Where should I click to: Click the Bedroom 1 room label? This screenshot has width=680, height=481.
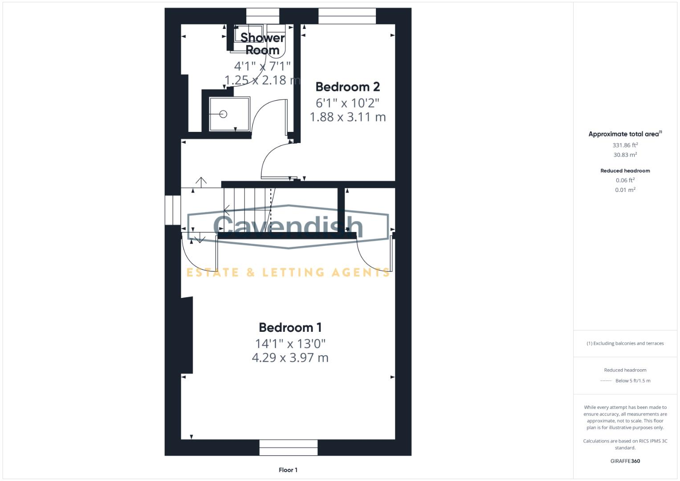[290, 328]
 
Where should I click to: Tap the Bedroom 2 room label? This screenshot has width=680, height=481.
[347, 87]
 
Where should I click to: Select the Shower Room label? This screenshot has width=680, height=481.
[262, 44]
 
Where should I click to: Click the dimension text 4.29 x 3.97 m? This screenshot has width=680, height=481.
[290, 358]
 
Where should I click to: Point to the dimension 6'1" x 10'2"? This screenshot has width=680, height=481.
[347, 103]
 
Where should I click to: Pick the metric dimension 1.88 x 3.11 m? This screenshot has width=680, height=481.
[347, 117]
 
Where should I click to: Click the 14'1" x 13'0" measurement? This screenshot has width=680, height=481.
[290, 344]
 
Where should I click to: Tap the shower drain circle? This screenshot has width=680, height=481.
[224, 114]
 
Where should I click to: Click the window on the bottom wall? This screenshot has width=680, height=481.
[289, 448]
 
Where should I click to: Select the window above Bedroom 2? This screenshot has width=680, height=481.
[347, 16]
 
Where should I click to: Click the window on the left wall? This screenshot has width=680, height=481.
[172, 210]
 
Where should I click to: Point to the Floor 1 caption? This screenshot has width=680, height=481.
[288, 470]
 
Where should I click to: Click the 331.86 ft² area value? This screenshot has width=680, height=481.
[625, 145]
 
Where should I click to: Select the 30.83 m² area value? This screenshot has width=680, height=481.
[625, 155]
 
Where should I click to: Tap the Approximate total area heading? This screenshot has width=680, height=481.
[625, 134]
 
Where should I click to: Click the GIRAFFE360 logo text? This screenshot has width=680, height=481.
[625, 461]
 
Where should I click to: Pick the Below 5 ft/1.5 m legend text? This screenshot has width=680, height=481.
[633, 381]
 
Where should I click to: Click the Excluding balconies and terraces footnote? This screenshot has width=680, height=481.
[625, 343]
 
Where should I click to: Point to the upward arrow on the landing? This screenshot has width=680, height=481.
[201, 182]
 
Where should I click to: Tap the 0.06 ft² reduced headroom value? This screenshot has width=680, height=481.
[625, 180]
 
